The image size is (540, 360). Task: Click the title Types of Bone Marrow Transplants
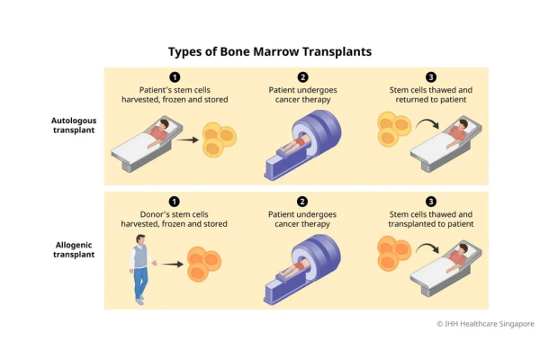point(270,51)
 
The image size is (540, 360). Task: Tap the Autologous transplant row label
point(74,125)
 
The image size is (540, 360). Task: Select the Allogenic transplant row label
point(74,250)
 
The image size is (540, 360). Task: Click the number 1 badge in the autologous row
point(175,77)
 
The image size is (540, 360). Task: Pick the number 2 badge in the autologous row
point(302,77)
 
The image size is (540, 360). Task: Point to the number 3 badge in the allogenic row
point(431,202)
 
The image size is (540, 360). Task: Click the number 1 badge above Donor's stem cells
point(175,202)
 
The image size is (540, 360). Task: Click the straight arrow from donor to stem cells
point(172,265)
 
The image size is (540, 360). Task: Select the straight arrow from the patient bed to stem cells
point(187,139)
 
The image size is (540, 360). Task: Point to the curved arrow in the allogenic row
point(427,248)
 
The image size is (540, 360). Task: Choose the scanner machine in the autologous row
point(302,145)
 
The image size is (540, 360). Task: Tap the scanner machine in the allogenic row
point(302,269)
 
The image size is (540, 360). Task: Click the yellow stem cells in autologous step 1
point(219,139)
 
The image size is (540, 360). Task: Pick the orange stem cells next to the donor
point(204,264)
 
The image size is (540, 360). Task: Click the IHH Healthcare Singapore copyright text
point(486,324)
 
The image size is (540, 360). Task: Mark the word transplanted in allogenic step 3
point(409,224)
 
